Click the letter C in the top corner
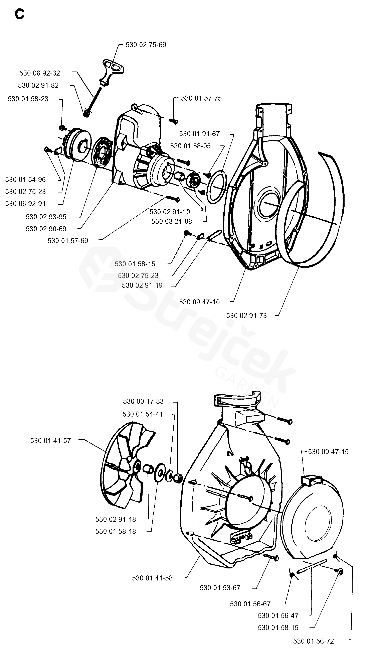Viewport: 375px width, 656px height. pos(20,14)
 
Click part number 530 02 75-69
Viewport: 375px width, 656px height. pos(146,45)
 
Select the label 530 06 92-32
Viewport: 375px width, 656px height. pos(40,73)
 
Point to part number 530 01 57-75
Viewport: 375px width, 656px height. pos(201,98)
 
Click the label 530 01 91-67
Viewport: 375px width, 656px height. pos(199,134)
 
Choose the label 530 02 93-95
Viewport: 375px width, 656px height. pos(46,217)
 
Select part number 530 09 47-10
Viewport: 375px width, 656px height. pos(199,302)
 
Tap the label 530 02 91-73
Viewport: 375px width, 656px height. pos(246,316)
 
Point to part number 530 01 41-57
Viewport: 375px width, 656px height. pos(50,441)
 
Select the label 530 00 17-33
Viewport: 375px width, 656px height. pos(143,401)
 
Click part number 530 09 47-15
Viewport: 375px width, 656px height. pos(328,452)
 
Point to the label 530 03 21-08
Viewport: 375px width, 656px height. pos(172,221)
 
